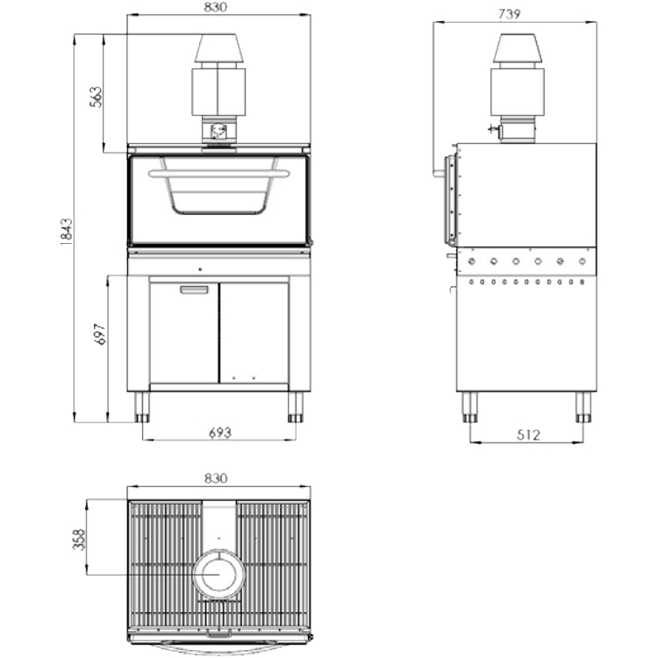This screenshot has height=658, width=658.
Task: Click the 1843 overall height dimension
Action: point(67,232)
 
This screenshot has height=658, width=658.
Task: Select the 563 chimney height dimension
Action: point(97,97)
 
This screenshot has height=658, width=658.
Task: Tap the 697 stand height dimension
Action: point(100,334)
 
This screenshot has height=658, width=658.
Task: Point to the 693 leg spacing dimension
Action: point(220,433)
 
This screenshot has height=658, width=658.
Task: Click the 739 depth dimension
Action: point(510,14)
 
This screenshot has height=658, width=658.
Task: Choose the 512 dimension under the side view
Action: point(528,435)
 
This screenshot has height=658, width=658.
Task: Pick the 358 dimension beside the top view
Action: point(79,540)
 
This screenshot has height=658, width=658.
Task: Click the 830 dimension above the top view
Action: point(216,478)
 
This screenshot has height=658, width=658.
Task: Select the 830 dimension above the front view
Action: point(216,7)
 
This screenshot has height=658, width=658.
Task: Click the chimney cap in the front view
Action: point(218,48)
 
